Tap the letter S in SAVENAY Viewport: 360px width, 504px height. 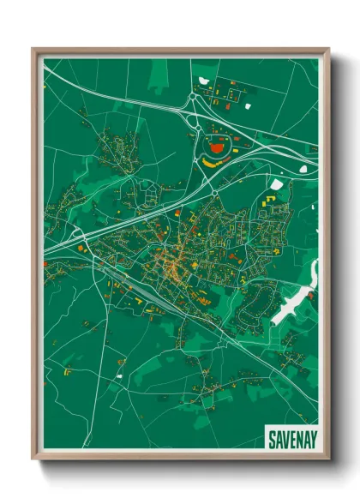point(271,439)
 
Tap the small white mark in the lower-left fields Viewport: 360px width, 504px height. point(120,375)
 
